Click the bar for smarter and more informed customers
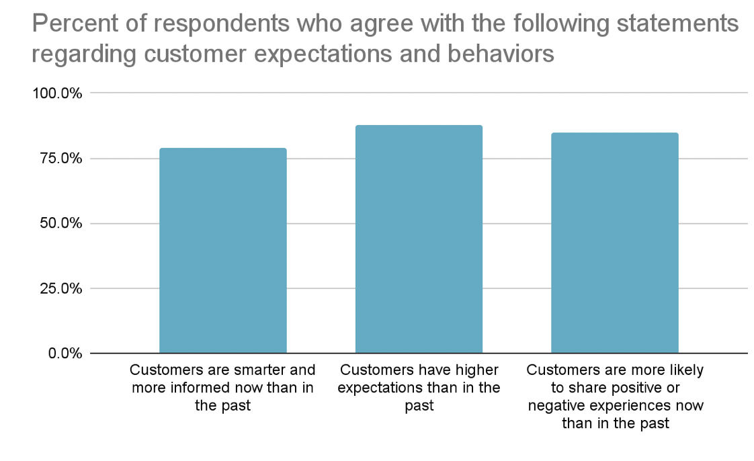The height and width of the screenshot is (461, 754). [x=222, y=250]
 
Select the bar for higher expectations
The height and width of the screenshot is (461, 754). [x=418, y=239]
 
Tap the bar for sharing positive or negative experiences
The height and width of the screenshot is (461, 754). [x=614, y=243]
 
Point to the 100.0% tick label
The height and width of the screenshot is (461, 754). [x=57, y=93]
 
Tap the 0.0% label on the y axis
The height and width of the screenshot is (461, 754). [x=65, y=353]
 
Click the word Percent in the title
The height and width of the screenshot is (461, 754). [x=71, y=25]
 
